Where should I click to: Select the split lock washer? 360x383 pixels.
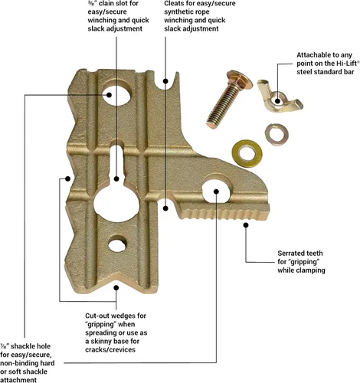coord(277,134)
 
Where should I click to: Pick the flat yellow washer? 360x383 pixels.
coord(247,153)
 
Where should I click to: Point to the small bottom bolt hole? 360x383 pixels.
coord(117,244)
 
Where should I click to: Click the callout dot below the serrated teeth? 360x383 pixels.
coord(246,225)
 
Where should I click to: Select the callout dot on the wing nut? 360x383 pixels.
coord(278,101)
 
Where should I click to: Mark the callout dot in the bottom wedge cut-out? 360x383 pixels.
coord(116,288)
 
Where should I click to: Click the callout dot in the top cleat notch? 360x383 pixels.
coord(165,81)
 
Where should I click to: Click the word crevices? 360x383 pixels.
coord(123,349)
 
